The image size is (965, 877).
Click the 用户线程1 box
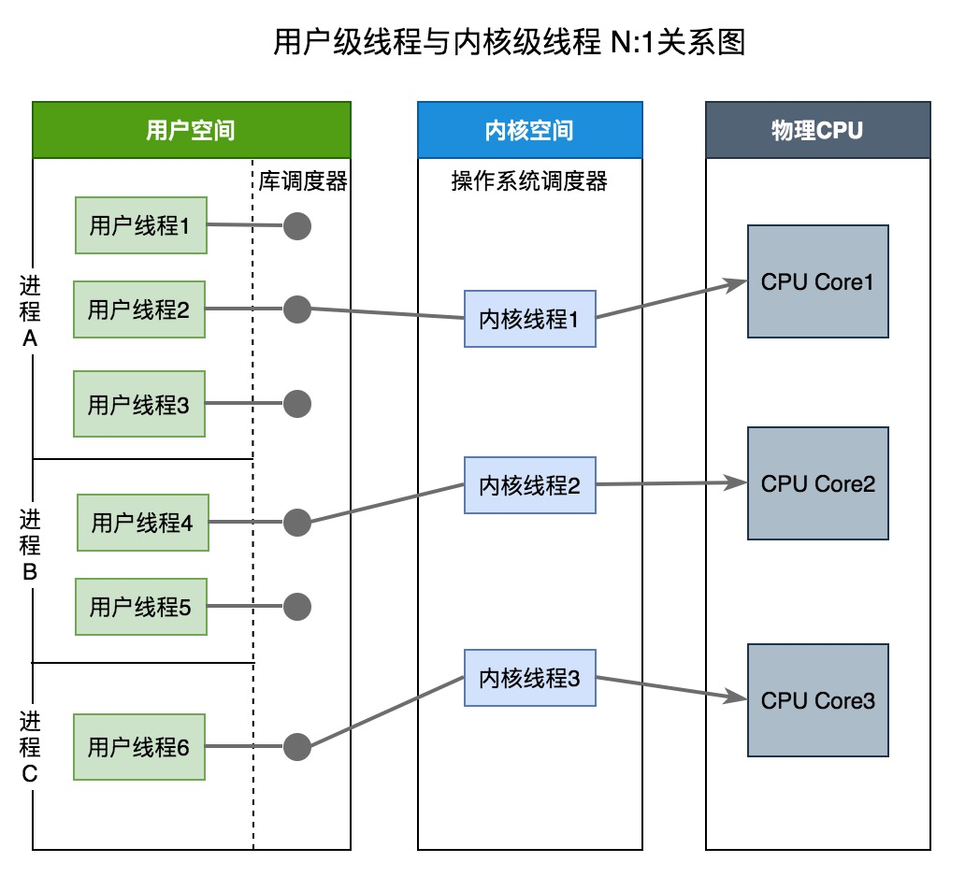(140, 225)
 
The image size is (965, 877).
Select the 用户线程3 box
(139, 405)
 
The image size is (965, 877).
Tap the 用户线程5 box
(140, 607)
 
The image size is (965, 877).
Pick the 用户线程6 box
(139, 747)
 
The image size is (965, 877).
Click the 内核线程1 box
(529, 319)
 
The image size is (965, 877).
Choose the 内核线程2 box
(529, 485)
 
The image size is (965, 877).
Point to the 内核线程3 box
(529, 679)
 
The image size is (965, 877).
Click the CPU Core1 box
(817, 281)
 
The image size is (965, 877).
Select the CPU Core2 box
(817, 483)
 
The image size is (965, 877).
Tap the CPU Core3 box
(817, 700)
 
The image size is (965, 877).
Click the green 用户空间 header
(191, 130)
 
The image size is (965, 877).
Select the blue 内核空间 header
(529, 130)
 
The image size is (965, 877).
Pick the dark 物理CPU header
(817, 130)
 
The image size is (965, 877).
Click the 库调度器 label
(303, 180)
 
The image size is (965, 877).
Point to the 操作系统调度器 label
(529, 180)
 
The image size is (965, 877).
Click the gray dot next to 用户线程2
(296, 309)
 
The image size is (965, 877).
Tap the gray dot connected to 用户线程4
(296, 523)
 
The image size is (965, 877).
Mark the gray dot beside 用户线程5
(296, 606)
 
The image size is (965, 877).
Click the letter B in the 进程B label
(30, 572)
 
